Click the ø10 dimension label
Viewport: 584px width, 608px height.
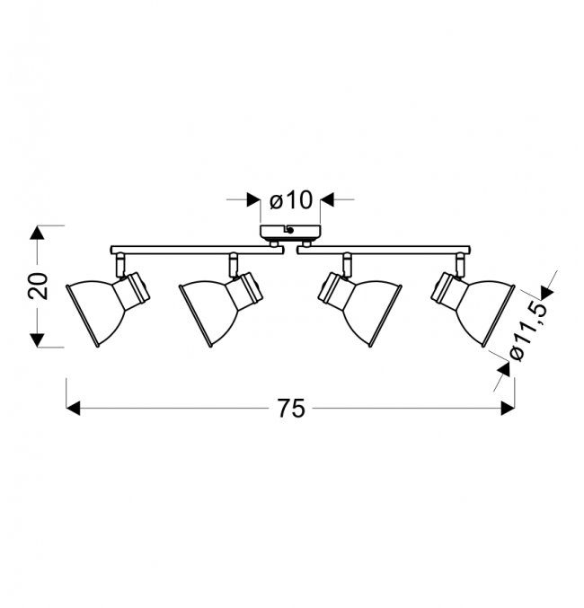point(290,200)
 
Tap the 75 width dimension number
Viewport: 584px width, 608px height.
point(291,409)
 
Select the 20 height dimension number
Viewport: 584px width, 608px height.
point(38,286)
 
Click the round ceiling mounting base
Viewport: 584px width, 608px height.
point(290,232)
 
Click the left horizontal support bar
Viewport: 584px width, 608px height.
point(197,250)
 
